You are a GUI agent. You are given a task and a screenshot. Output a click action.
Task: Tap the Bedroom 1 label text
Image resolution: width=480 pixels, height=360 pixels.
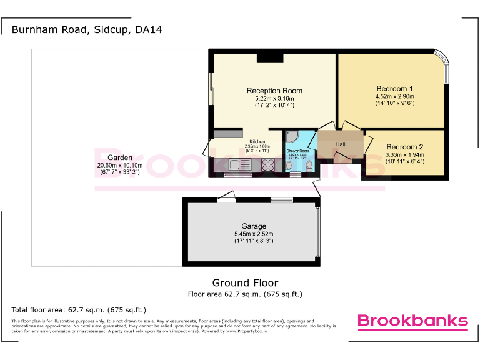click(x=394, y=88)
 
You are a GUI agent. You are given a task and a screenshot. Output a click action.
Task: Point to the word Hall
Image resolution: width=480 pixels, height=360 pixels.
click(x=340, y=144)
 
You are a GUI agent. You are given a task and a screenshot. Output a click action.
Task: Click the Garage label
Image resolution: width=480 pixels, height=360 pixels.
click(x=254, y=226)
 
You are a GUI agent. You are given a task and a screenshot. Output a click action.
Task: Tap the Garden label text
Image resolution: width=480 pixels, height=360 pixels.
click(x=119, y=157)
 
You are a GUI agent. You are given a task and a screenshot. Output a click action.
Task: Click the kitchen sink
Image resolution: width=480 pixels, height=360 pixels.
click(x=236, y=166)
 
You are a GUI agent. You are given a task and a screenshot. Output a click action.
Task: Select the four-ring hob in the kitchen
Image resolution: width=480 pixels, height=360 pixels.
click(x=268, y=166)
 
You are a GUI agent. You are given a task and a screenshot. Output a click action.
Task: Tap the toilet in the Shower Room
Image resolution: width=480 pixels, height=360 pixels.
click(x=309, y=166)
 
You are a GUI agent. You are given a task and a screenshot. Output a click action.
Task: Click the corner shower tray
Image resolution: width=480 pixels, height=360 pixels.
click(x=292, y=137)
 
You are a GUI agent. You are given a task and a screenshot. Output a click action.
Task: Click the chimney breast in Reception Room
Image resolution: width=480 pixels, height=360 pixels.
click(x=269, y=57)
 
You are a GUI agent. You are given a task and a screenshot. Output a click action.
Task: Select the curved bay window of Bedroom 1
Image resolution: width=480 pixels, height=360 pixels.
click(x=444, y=69)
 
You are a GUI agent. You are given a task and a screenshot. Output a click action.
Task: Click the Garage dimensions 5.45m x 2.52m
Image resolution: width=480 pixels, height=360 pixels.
click(x=254, y=234)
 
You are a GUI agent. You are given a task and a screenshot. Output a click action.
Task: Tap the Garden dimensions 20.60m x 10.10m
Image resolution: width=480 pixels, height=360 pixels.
click(x=119, y=166)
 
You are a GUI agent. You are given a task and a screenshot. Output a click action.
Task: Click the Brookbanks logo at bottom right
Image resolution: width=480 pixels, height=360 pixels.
click(x=412, y=321)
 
